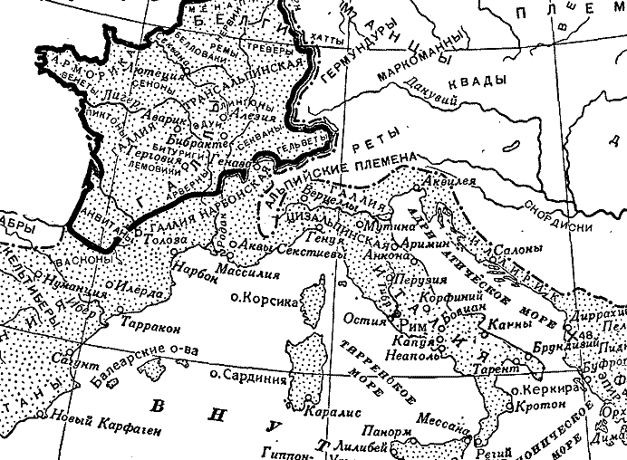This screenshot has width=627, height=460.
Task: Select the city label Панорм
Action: (379, 431)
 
